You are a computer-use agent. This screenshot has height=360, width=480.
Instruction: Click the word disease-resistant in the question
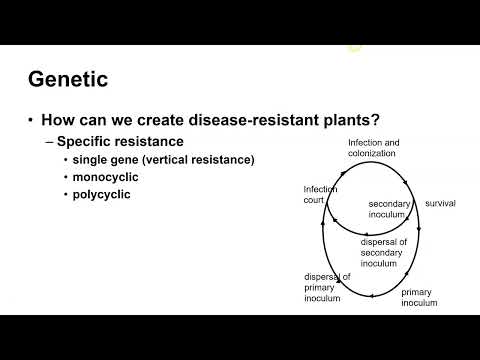point(212,120)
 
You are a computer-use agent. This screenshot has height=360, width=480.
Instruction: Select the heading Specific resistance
point(120,141)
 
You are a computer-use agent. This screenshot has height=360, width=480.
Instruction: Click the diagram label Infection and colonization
point(372,148)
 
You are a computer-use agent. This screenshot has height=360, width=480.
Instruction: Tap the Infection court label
point(321,193)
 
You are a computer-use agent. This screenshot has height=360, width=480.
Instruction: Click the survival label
point(440,203)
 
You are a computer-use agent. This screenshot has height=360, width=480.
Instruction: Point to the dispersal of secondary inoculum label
point(386,252)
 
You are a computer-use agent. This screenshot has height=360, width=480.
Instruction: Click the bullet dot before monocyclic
point(67,176)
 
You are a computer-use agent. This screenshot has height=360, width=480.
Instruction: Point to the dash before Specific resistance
point(48,141)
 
